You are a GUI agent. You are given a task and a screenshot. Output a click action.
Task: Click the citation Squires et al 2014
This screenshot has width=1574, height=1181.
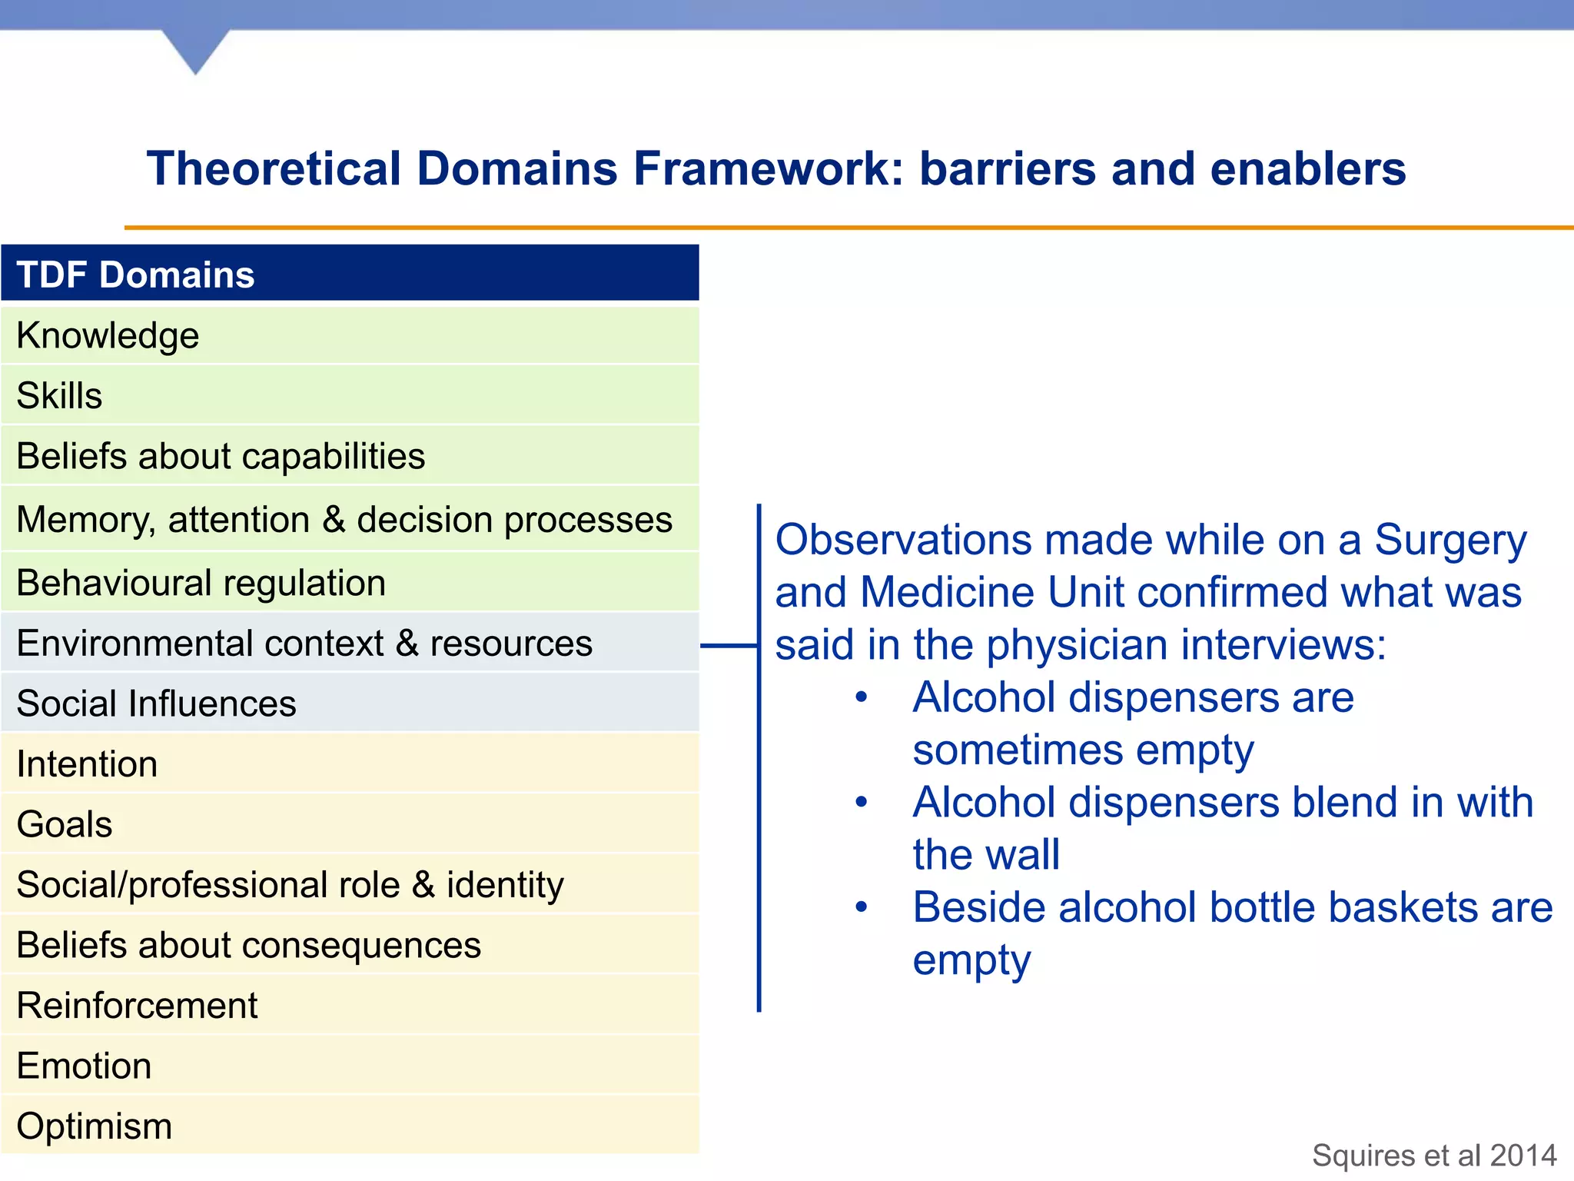click(x=1434, y=1156)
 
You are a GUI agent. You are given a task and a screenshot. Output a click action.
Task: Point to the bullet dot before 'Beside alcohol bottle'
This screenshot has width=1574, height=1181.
click(x=862, y=907)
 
